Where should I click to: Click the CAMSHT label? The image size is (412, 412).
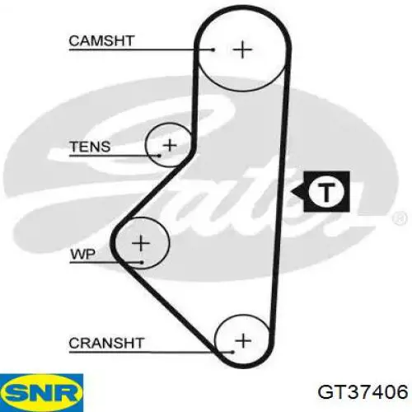tap(101, 41)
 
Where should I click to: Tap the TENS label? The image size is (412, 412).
tap(90, 147)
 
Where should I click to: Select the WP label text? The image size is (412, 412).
tap(83, 254)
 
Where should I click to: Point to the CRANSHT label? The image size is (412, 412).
tap(106, 343)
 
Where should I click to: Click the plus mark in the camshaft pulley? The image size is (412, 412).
tap(242, 49)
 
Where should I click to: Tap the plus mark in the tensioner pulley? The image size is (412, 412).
tap(170, 145)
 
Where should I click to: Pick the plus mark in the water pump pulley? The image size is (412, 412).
tap(141, 243)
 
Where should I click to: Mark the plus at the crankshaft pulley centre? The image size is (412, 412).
tap(243, 341)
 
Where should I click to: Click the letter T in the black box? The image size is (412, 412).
tap(326, 191)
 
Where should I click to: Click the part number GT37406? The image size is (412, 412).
tap(363, 392)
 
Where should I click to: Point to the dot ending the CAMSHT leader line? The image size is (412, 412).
tap(213, 49)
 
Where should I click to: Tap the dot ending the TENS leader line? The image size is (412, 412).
tap(159, 156)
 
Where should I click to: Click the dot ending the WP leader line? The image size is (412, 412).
tap(142, 263)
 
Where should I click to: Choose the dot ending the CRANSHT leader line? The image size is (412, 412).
tap(232, 352)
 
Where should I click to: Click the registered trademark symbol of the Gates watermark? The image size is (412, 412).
tap(400, 218)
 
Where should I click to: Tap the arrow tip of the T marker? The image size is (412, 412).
tap(292, 191)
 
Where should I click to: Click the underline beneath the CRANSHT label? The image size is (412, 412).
tap(151, 352)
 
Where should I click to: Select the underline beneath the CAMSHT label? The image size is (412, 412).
tap(141, 49)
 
